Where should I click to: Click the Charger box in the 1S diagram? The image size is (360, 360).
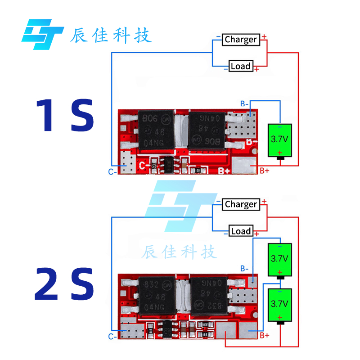click(241, 40)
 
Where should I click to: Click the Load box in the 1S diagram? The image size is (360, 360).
click(240, 66)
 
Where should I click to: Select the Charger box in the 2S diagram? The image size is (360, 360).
click(241, 204)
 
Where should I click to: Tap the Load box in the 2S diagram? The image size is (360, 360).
click(240, 231)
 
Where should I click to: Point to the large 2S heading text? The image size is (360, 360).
click(65, 284)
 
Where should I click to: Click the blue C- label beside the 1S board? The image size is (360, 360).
click(112, 171)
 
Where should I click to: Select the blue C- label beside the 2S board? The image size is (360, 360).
click(112, 336)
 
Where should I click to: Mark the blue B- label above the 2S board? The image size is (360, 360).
click(244, 269)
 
